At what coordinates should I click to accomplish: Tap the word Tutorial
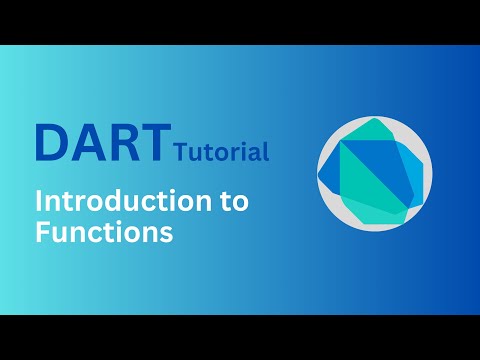pos(221,153)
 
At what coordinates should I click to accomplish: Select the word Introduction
pos(109,201)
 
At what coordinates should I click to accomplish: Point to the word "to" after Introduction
pos(234,201)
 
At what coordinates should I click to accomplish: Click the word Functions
pos(104,233)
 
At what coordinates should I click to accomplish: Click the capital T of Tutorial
pos(179,153)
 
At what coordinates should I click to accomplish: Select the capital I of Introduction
pos(40,201)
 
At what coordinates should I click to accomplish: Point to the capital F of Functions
pos(42,233)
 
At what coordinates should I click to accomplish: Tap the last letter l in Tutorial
pos(266,152)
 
